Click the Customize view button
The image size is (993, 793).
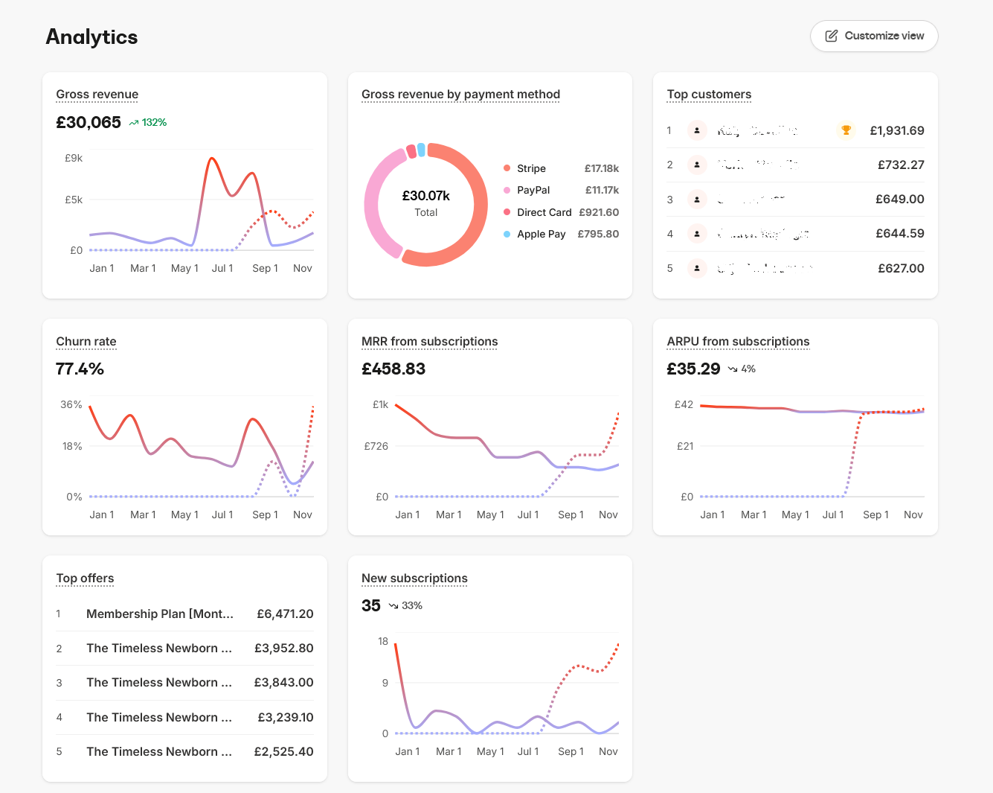tap(874, 36)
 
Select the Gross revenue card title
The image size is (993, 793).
tap(97, 95)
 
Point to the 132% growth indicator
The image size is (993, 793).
tap(149, 123)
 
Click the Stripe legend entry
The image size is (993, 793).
tap(531, 169)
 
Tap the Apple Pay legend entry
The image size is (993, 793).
tap(541, 234)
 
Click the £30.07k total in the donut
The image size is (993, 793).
tap(425, 196)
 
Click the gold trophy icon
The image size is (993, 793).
tap(846, 130)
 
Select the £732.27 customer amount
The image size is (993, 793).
tap(901, 165)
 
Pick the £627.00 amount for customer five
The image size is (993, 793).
tap(901, 269)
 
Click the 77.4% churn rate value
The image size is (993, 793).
tap(80, 369)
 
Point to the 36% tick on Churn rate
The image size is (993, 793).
tap(71, 405)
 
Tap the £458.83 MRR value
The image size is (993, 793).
tap(393, 369)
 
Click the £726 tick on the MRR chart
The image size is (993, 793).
tap(376, 447)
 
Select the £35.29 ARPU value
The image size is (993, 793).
tap(693, 369)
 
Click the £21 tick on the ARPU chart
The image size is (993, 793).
tap(684, 447)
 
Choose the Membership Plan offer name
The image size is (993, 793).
tap(159, 614)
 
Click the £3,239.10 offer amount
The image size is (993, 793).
tap(285, 718)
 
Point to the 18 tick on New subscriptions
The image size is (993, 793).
tap(383, 642)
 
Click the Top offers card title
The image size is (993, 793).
tap(85, 579)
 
